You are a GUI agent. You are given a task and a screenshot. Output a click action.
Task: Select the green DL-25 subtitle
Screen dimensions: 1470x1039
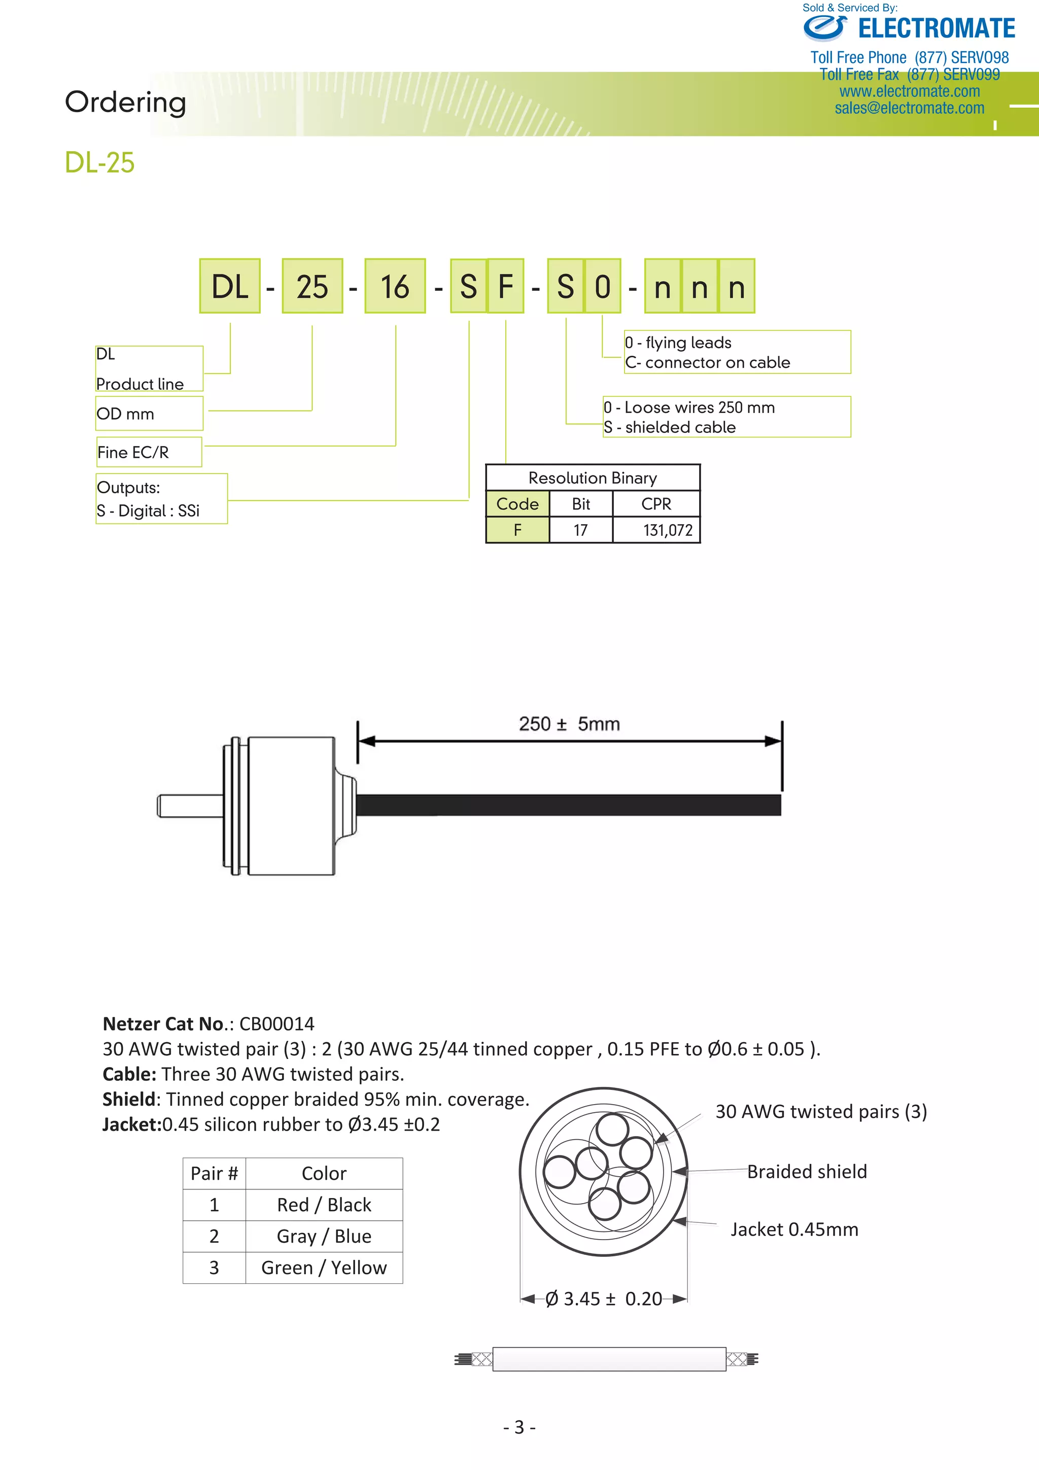coord(99,162)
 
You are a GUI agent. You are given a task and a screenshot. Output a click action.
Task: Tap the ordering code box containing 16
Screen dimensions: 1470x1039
coord(395,286)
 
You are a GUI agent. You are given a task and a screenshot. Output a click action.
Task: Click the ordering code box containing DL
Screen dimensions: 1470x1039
coord(229,286)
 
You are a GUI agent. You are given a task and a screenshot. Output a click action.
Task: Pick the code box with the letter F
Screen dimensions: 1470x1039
coord(506,286)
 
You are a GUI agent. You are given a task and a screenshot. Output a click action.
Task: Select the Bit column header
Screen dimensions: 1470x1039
coord(581,504)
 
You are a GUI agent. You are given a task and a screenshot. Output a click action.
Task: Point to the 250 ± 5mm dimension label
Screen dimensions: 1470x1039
coord(569,724)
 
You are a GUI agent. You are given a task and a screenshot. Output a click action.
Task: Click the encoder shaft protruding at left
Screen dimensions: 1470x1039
coord(189,805)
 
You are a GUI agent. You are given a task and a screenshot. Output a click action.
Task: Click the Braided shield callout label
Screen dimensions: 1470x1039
coord(807,1172)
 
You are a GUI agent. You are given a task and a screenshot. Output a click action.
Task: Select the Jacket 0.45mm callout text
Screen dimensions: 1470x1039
coord(794,1229)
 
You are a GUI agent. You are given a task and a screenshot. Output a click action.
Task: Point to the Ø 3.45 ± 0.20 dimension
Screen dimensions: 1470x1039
coord(604,1298)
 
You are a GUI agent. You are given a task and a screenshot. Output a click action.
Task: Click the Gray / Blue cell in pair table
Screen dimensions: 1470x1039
coord(324,1236)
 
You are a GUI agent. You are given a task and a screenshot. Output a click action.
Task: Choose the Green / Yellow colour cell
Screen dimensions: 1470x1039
coord(324,1268)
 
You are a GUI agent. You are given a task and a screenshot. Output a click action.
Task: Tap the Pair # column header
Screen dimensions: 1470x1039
coord(214,1174)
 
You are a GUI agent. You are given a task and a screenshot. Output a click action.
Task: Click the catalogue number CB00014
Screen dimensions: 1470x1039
coord(276,1024)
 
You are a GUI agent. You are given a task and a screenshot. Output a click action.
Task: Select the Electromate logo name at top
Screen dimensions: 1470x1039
coord(936,29)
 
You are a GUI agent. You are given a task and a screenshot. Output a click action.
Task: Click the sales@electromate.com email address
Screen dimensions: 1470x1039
coord(909,108)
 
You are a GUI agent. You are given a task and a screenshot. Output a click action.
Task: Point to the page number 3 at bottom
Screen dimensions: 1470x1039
coord(519,1427)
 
